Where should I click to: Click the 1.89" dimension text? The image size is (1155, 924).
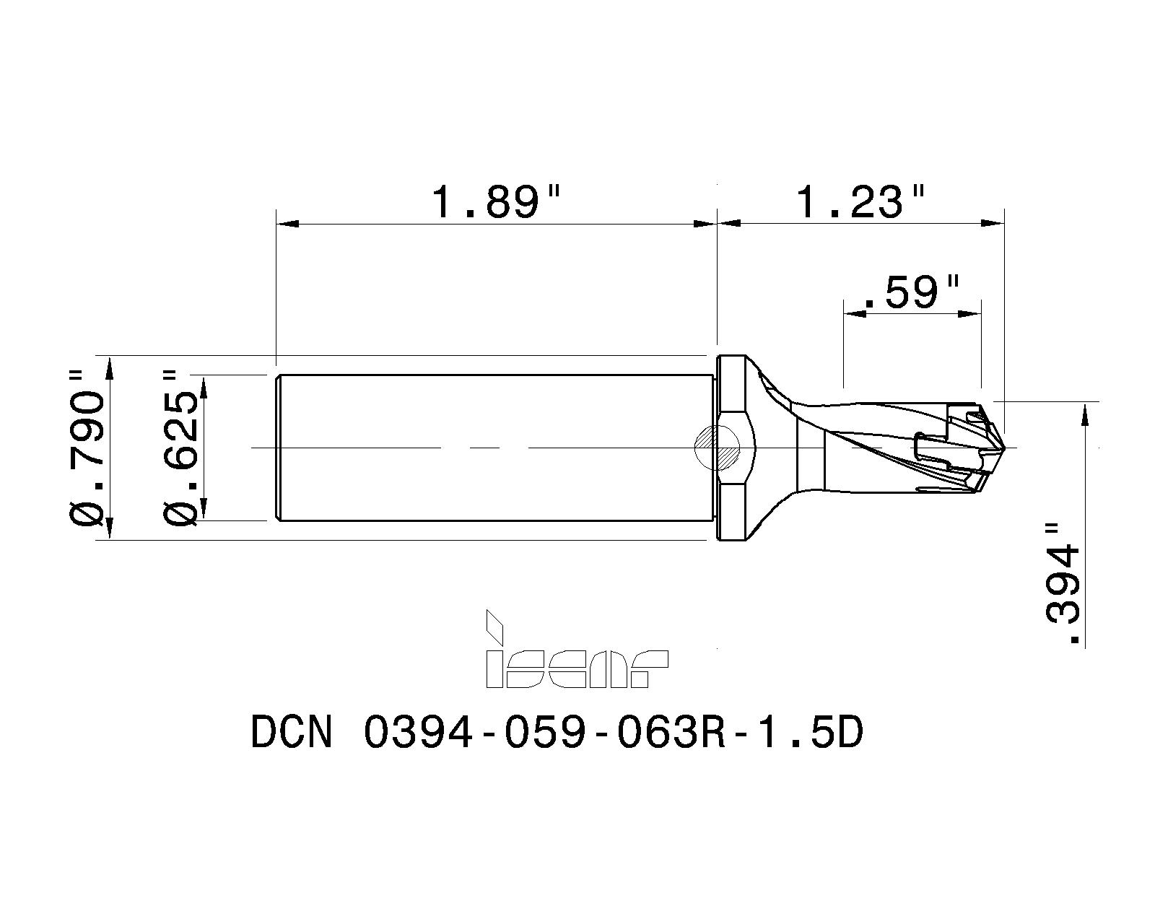[495, 201]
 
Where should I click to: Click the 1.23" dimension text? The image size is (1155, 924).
[860, 201]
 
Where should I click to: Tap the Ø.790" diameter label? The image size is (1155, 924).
[87, 448]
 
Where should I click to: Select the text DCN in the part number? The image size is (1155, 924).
[292, 733]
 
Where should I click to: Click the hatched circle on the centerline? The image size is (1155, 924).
[717, 448]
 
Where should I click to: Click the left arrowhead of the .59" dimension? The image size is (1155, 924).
[855, 313]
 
